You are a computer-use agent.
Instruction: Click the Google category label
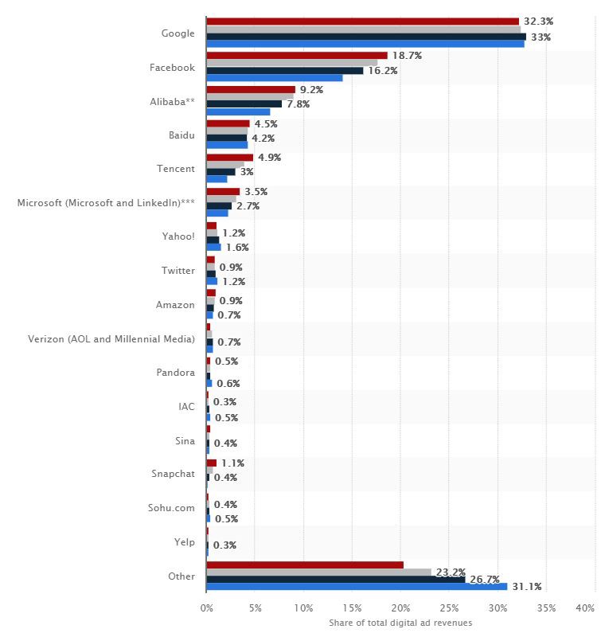click(178, 33)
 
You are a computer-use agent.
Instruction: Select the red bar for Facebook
click(296, 56)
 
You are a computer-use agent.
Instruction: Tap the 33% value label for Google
click(541, 37)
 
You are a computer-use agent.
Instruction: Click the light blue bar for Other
click(356, 587)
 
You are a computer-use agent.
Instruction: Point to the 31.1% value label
click(526, 587)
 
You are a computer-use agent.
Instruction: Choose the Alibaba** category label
click(173, 101)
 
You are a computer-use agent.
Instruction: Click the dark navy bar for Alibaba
click(244, 104)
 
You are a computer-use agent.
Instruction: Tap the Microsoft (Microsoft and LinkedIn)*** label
click(106, 203)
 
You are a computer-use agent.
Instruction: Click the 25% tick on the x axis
click(449, 608)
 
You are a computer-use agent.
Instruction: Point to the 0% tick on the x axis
click(206, 608)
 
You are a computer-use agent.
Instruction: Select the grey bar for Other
click(318, 572)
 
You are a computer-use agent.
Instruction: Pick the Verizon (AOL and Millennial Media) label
click(111, 339)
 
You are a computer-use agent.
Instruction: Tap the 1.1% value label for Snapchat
click(232, 463)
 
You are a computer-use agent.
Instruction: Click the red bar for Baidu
click(228, 123)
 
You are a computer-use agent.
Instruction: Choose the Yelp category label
click(184, 541)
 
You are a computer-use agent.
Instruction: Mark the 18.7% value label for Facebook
click(406, 57)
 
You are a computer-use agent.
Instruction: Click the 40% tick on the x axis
click(584, 608)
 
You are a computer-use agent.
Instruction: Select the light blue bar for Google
click(365, 44)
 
